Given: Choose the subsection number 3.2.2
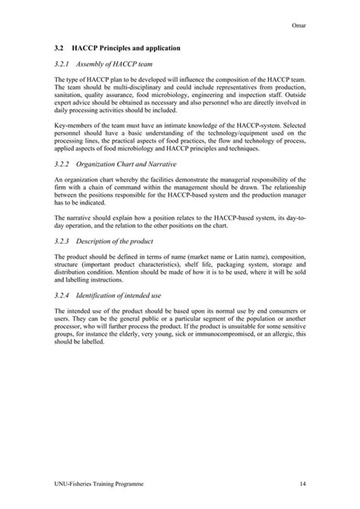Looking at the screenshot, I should click(64, 163).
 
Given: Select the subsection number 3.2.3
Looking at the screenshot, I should click(64, 242).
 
